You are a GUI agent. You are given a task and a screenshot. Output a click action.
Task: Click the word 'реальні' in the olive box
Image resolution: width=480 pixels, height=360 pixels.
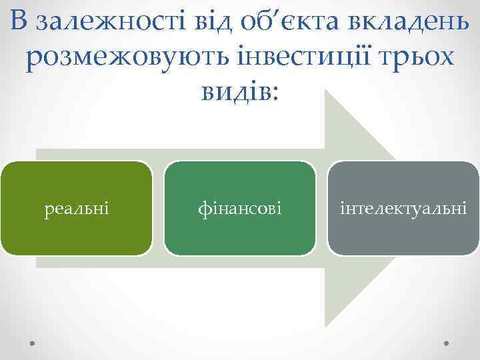click(x=77, y=209)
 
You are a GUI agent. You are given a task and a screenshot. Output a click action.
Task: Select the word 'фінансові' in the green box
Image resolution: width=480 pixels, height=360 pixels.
click(x=240, y=209)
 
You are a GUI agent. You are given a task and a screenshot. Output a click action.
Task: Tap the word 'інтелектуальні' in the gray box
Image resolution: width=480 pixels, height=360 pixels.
click(x=403, y=209)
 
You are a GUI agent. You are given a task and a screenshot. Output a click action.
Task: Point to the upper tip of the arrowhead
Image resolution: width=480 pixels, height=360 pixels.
click(x=326, y=92)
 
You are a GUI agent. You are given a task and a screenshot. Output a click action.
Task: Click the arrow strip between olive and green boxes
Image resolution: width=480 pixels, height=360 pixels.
click(x=158, y=209)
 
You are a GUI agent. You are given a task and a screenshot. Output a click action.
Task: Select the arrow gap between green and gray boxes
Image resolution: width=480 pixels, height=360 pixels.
click(x=321, y=209)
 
